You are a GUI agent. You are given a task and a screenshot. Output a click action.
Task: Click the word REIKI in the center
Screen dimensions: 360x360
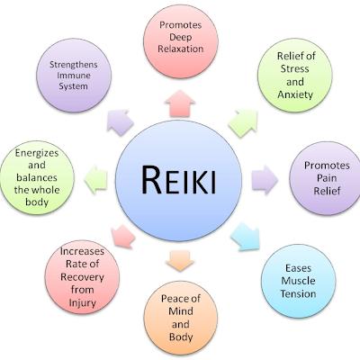click(x=179, y=180)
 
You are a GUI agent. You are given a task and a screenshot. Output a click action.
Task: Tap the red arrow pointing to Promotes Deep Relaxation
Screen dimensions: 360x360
click(x=180, y=103)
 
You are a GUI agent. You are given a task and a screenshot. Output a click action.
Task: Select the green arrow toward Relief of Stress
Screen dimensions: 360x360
click(x=244, y=123)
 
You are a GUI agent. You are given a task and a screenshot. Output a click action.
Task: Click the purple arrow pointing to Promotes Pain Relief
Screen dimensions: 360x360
click(x=265, y=180)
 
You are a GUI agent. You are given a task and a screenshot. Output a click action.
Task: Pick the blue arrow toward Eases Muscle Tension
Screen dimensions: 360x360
click(x=246, y=237)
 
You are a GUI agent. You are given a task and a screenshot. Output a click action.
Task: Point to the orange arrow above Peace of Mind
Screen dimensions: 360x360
click(x=180, y=260)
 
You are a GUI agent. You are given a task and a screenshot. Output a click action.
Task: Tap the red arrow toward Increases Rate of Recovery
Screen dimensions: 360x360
click(x=122, y=237)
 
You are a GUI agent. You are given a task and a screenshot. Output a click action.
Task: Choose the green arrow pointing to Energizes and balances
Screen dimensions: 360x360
click(x=95, y=180)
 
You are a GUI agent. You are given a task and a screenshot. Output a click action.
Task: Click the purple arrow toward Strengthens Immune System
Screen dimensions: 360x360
click(x=120, y=122)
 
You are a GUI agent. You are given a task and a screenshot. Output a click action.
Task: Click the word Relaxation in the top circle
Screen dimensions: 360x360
click(x=181, y=49)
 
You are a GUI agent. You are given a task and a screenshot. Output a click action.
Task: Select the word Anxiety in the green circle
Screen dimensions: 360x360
click(x=295, y=94)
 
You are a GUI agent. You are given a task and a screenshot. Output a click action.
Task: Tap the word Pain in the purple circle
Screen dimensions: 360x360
click(x=327, y=178)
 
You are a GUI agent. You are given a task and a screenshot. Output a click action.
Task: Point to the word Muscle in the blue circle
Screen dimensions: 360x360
click(x=298, y=281)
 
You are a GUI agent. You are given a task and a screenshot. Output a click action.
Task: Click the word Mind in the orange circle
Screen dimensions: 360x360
click(x=181, y=311)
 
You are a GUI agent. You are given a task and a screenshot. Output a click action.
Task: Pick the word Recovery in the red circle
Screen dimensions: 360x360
click(x=82, y=277)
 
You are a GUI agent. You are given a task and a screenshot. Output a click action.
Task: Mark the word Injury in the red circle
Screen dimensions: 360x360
click(x=82, y=302)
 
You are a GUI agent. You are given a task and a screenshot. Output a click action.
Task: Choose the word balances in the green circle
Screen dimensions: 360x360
click(x=37, y=177)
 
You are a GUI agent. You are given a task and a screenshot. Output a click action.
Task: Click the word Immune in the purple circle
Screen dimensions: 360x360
click(x=74, y=76)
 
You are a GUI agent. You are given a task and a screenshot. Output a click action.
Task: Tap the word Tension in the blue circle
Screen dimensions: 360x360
click(x=298, y=293)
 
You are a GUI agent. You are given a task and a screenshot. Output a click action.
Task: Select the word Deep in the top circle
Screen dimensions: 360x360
click(x=180, y=38)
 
